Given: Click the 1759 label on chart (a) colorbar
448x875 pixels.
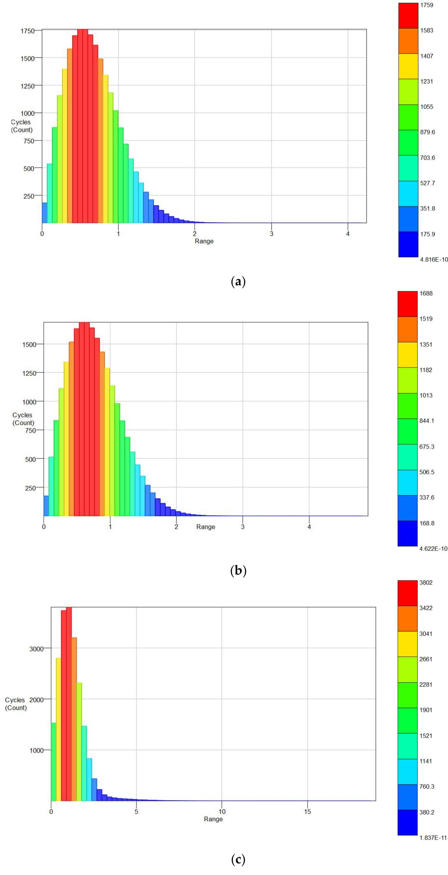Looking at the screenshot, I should (x=426, y=5).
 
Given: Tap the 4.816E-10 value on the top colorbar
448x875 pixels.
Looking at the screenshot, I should (x=434, y=259).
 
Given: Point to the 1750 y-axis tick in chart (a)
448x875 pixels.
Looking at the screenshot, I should (x=27, y=31).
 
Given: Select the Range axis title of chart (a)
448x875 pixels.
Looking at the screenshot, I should (x=204, y=241).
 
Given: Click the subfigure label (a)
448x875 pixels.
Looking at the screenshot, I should (x=238, y=281).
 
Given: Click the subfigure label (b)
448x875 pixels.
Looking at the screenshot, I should (x=238, y=570).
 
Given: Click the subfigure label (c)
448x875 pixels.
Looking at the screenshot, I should (x=238, y=860).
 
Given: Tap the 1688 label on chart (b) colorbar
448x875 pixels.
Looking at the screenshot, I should (x=426, y=293).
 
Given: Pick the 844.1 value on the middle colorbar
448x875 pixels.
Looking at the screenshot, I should (x=427, y=421).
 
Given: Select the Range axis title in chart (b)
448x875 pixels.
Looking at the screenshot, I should (x=205, y=527).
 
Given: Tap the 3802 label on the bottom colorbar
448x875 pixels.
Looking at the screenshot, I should (x=426, y=582).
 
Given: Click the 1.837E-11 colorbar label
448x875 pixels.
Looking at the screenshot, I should (x=433, y=838).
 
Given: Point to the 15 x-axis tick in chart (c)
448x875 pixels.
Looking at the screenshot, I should (x=307, y=811).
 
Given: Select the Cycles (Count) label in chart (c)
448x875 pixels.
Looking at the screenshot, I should (x=16, y=704).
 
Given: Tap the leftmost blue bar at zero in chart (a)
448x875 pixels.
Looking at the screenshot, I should (x=44, y=213).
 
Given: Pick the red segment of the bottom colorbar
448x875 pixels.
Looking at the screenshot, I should (x=407, y=593).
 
